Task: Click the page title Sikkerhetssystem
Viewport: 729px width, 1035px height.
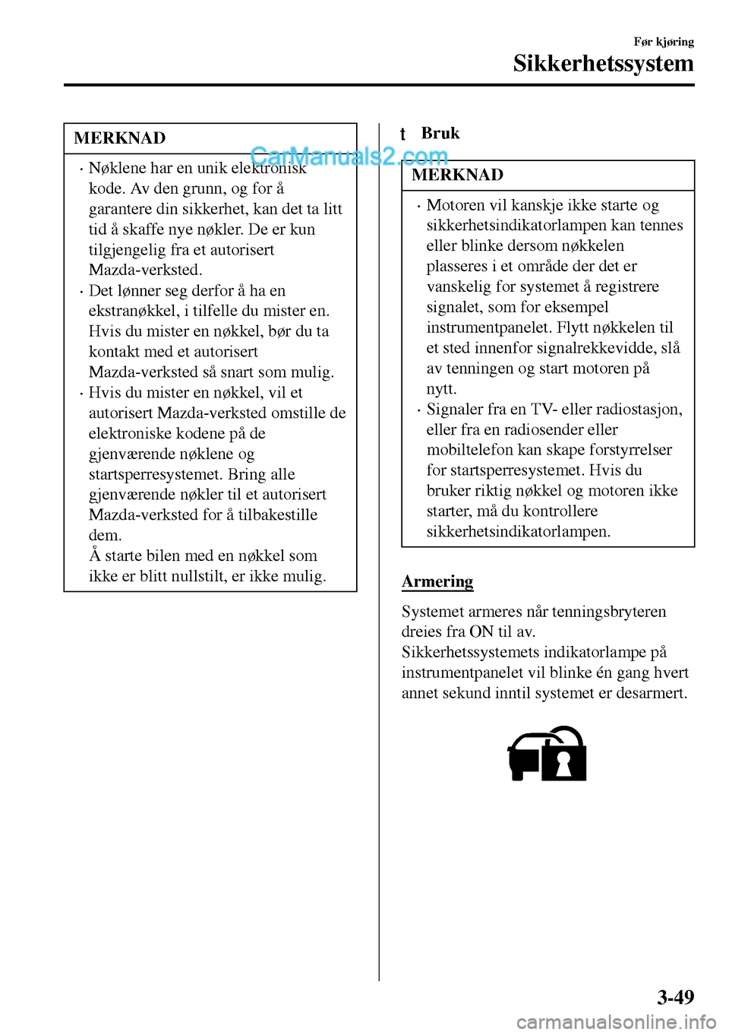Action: tap(603, 63)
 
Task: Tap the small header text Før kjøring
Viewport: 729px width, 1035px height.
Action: tap(664, 42)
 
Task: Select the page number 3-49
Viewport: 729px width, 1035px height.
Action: tap(675, 996)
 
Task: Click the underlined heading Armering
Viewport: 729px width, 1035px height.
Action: tap(437, 581)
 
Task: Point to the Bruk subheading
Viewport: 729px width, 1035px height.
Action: tap(440, 133)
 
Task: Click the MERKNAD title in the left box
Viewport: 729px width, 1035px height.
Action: tap(120, 138)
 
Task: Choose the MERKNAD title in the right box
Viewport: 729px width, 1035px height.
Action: tap(458, 175)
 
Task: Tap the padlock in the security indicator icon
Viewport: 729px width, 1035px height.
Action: tap(563, 757)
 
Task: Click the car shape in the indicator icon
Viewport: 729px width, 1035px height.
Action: tap(525, 757)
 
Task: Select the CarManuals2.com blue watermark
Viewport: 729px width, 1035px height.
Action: tap(349, 156)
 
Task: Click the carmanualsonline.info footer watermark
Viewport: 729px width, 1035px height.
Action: tap(616, 1022)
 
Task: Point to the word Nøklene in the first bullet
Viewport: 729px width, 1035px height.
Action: tap(118, 168)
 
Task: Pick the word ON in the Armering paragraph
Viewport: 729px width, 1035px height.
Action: tap(481, 631)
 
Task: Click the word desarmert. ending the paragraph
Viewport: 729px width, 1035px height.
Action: tap(652, 693)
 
